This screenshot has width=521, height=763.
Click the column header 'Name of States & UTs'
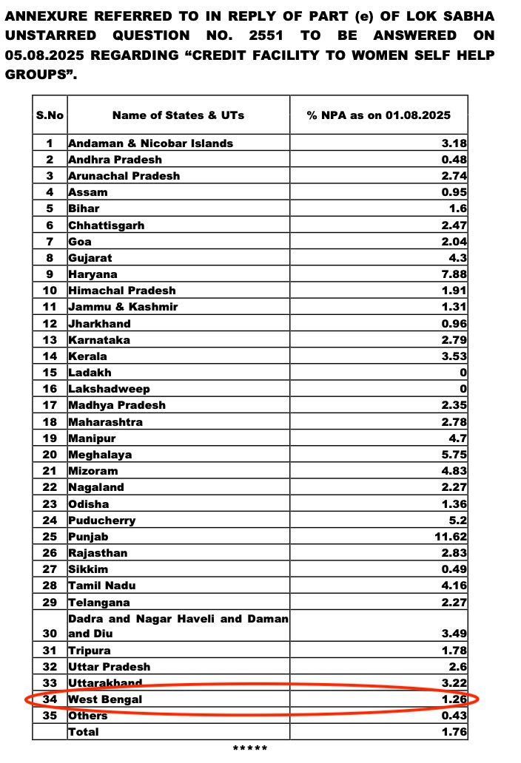pos(178,115)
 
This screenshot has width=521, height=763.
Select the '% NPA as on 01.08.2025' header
pos(378,115)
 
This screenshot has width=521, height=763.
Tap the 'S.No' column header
pos(50,115)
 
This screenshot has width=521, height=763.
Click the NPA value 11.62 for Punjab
pos(451,537)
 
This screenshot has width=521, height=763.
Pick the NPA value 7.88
pos(454,274)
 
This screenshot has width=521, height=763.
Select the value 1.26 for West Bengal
pos(454,699)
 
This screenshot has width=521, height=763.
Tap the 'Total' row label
pos(83,732)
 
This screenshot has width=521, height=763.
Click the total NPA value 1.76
pos(454,732)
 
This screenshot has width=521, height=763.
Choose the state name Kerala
pos(87,356)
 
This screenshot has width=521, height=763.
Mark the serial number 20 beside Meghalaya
pos(50,455)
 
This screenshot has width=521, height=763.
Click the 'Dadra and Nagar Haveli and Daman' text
pos(178,618)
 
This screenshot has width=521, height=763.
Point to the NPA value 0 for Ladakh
pos(463,373)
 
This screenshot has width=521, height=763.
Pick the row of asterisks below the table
pos(249,749)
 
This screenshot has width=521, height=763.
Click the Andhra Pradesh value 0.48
pos(454,160)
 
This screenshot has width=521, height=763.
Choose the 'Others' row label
pos(87,716)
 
